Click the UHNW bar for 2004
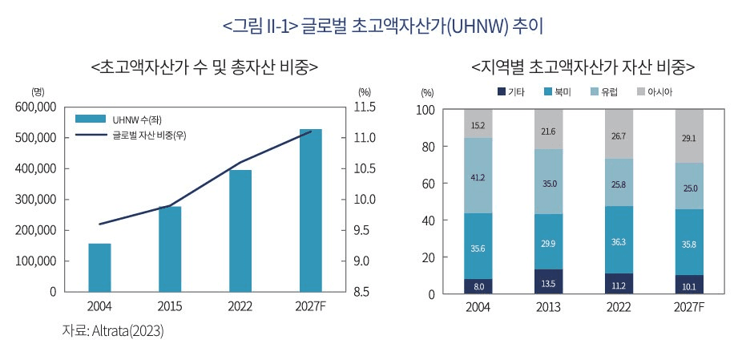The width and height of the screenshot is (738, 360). click(x=99, y=267)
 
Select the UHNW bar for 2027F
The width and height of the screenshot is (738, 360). click(x=310, y=210)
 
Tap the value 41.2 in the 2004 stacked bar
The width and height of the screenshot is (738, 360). click(x=478, y=176)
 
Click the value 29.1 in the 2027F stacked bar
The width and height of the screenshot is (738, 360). click(x=688, y=138)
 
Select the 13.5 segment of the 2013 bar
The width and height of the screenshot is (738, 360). click(x=549, y=282)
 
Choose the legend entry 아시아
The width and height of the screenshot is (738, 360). click(x=659, y=92)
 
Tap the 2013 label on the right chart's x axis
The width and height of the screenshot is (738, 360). click(x=549, y=308)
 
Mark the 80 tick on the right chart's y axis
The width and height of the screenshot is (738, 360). click(x=427, y=147)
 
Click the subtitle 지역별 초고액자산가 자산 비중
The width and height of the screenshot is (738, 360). click(x=583, y=66)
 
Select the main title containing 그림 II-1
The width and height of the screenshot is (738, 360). click(x=384, y=26)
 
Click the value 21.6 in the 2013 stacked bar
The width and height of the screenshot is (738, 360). click(x=549, y=131)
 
